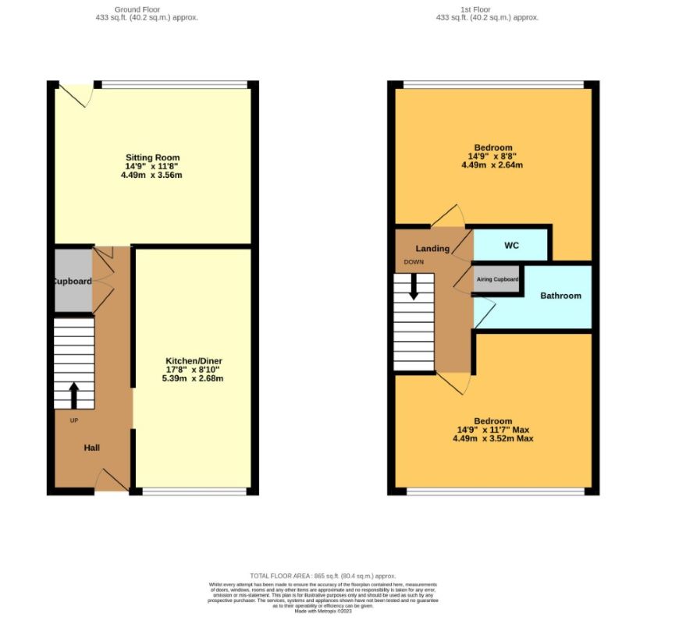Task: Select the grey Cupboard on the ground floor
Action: [73, 281]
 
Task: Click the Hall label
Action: [92, 448]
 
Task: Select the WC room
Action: [511, 246]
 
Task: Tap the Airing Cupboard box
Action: [497, 279]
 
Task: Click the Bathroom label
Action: [560, 296]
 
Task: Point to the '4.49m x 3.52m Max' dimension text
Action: [492, 438]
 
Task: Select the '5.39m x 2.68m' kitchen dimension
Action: [194, 379]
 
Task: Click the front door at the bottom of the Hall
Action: [112, 480]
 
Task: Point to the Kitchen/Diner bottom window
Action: [194, 491]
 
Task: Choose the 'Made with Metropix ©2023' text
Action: [322, 612]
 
